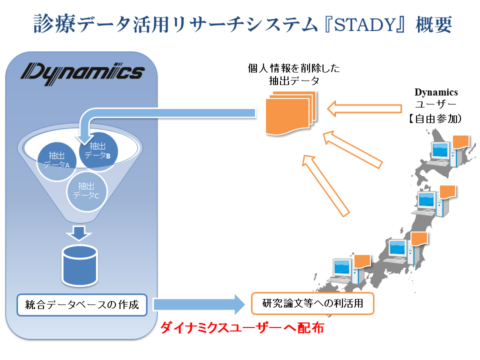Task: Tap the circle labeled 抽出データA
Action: coord(55,159)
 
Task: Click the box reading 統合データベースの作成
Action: coord(82,304)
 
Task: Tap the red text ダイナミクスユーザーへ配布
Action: coord(242,328)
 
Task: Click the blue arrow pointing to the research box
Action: coord(200,304)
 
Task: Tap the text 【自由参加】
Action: coord(432,119)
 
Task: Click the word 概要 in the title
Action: coord(433,24)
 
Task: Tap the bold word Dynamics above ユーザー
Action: coord(436,92)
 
